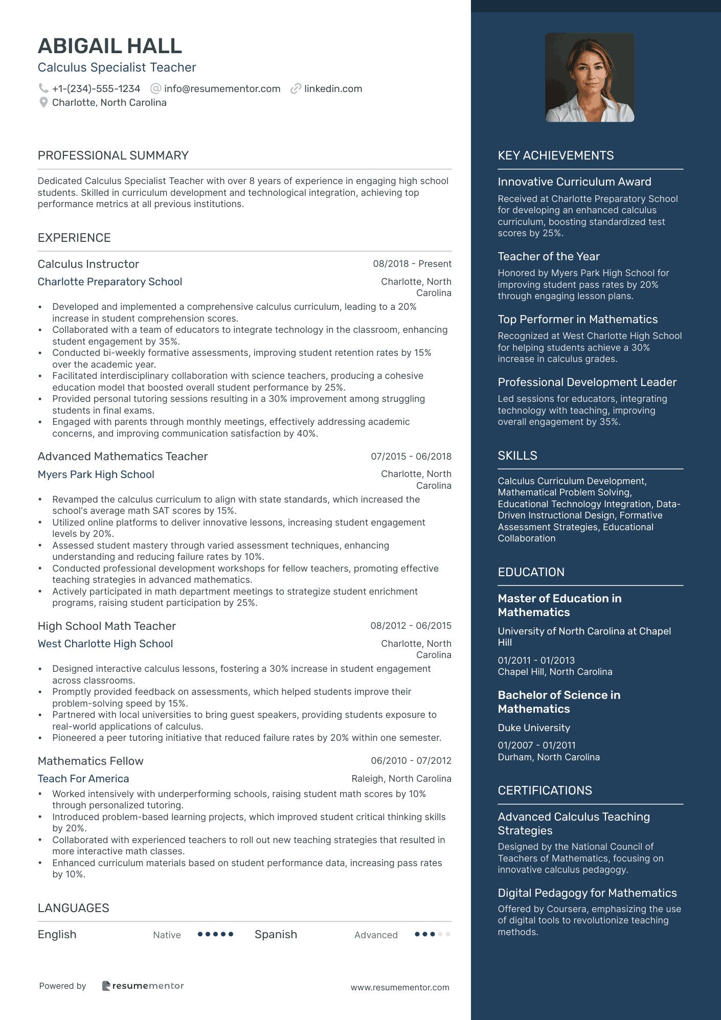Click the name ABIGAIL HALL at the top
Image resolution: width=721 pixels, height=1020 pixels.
coord(110,46)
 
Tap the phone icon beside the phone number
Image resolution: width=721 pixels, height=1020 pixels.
coord(43,88)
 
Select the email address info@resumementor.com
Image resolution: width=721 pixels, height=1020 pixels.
coord(222,88)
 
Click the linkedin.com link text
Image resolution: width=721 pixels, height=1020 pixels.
coord(333,88)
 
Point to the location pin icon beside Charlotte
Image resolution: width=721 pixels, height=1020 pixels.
coord(43,102)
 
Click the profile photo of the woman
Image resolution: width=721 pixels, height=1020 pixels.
coord(590,78)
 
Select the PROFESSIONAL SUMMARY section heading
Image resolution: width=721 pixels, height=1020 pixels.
coord(113,155)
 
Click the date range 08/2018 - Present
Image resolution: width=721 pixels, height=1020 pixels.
coord(412,264)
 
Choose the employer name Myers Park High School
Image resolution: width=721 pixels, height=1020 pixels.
coord(96,474)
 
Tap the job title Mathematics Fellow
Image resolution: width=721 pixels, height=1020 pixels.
coord(91,761)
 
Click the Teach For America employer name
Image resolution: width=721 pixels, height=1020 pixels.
coord(83,779)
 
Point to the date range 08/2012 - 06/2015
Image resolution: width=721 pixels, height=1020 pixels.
coord(411,626)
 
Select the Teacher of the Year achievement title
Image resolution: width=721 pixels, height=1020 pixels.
coord(549,256)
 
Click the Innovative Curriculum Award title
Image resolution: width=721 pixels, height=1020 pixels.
coord(574,182)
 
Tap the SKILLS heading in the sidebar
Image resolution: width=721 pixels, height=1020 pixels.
coord(517,456)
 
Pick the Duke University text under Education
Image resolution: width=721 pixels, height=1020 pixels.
coord(534,728)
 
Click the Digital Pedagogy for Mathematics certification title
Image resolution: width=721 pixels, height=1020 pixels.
coord(587,893)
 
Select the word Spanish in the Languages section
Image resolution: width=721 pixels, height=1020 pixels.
coord(276,935)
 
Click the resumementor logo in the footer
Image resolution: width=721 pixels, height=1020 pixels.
coord(143,986)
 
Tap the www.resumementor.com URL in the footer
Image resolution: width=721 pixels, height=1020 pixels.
coord(399,987)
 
